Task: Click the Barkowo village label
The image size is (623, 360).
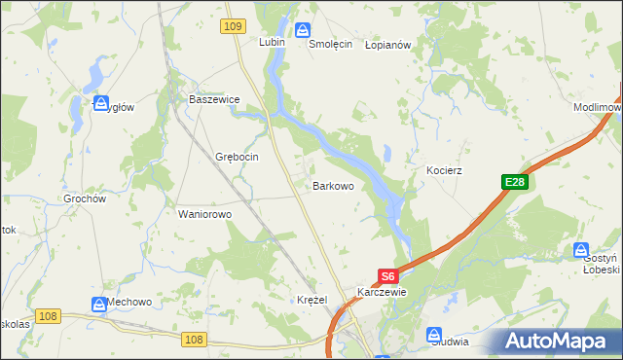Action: tap(332, 185)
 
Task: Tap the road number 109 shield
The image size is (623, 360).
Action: tap(232, 27)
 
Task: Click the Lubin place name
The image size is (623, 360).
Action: tap(270, 43)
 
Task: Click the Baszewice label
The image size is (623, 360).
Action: tap(214, 99)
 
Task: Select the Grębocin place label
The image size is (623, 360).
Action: tap(236, 157)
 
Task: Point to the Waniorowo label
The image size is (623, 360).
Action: tap(203, 214)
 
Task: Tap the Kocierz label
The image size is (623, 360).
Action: tap(444, 170)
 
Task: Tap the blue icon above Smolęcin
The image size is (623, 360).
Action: tap(303, 30)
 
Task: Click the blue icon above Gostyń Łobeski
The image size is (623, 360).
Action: tap(582, 250)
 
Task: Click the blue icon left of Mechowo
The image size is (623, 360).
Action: tap(98, 305)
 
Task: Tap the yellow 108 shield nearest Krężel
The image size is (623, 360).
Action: tap(194, 339)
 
